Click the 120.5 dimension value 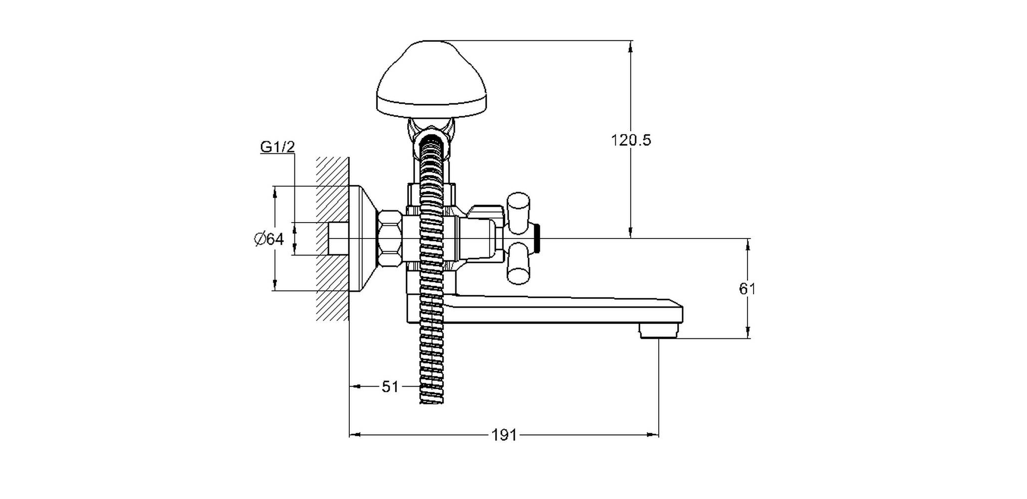pyautogui.click(x=631, y=140)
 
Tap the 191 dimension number pyautogui.click(x=504, y=436)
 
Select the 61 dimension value pyautogui.click(x=747, y=289)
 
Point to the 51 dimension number pyautogui.click(x=390, y=387)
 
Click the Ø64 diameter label pyautogui.click(x=269, y=240)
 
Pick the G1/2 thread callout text pyautogui.click(x=277, y=147)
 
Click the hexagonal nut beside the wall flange pyautogui.click(x=390, y=239)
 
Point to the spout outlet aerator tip pyautogui.click(x=659, y=330)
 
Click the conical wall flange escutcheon pyautogui.click(x=363, y=239)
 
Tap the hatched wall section pyautogui.click(x=332, y=239)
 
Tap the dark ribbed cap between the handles pyautogui.click(x=537, y=239)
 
